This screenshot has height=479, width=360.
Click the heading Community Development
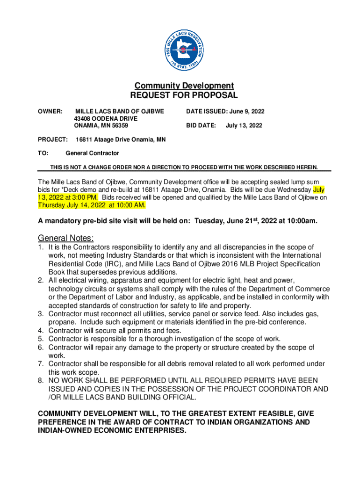[184, 86]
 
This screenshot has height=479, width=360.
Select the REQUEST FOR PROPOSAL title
[184, 95]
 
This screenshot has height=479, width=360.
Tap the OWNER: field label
[50, 111]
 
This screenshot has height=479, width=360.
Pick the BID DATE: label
[201, 125]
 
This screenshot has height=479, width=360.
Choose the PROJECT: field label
[53, 139]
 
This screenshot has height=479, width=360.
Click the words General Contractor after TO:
[92, 153]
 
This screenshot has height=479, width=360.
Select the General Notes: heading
[66, 238]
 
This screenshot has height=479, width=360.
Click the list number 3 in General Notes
[41, 314]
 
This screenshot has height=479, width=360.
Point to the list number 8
[41, 380]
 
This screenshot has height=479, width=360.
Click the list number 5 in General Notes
[41, 339]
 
